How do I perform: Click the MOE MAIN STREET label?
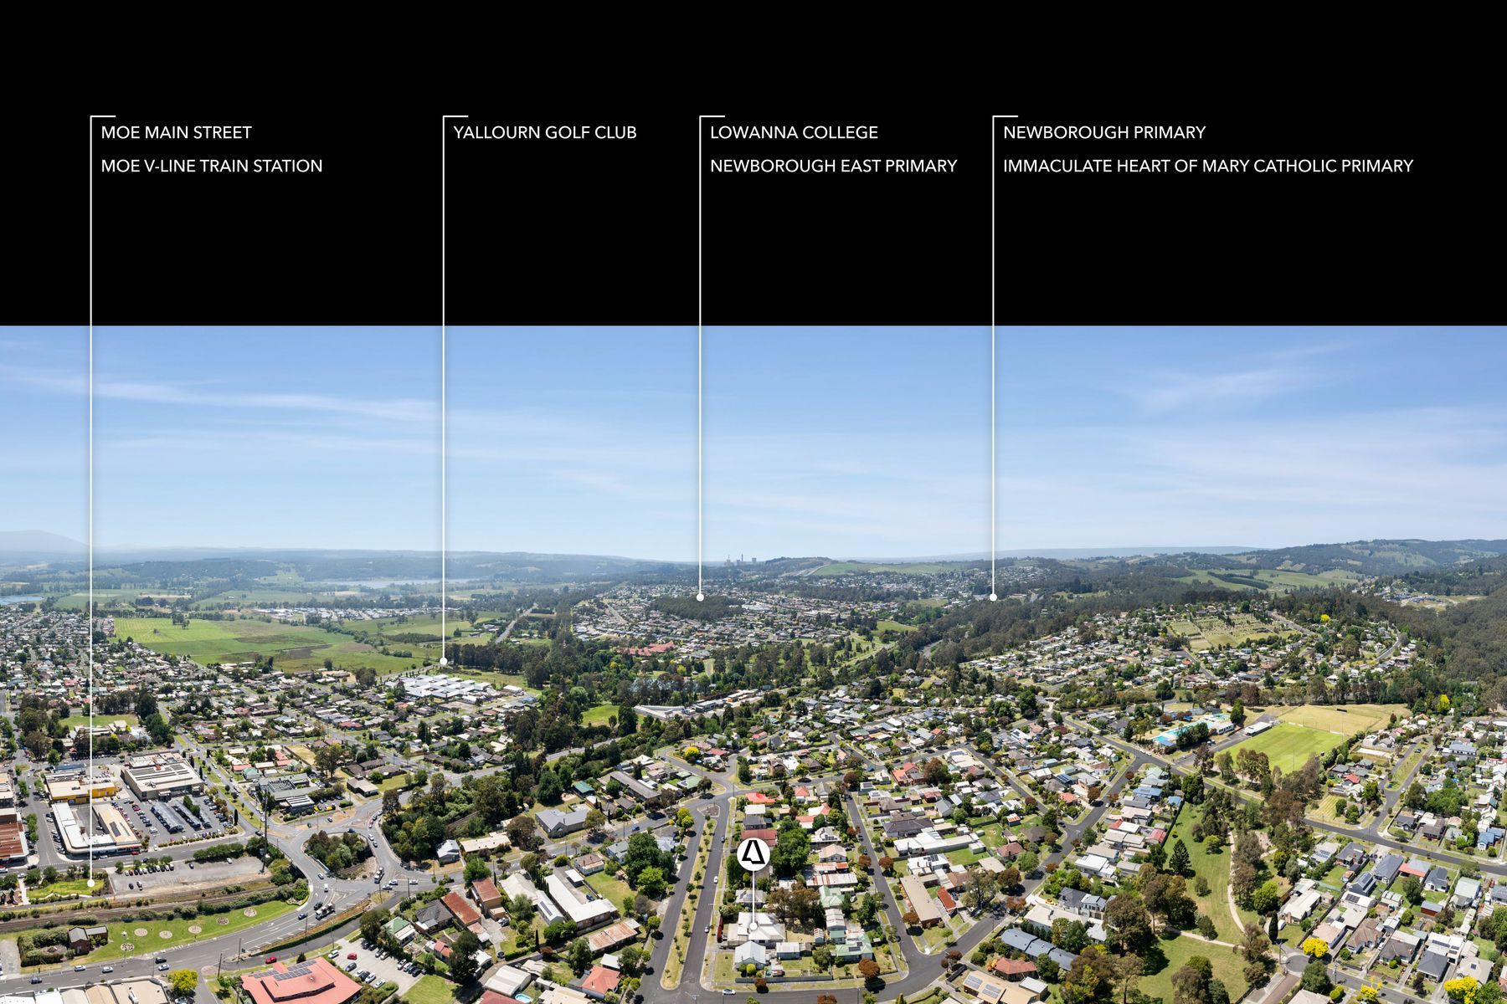pyautogui.click(x=176, y=132)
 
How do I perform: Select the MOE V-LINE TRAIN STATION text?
pyautogui.click(x=212, y=166)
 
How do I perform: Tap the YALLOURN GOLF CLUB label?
pyautogui.click(x=545, y=132)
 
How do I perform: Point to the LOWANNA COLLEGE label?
pyautogui.click(x=794, y=132)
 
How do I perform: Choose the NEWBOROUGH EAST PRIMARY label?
pyautogui.click(x=833, y=166)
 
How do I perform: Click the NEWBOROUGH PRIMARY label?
pyautogui.click(x=1104, y=132)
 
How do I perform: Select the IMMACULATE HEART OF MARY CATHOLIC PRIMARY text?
pyautogui.click(x=1208, y=166)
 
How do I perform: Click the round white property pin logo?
pyautogui.click(x=753, y=854)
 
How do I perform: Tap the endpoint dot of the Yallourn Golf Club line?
pyautogui.click(x=444, y=662)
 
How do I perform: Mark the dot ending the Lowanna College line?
pyautogui.click(x=700, y=597)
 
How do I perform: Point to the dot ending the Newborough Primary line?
pyautogui.click(x=993, y=597)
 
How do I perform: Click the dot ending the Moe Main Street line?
pyautogui.click(x=90, y=882)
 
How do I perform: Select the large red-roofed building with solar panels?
pyautogui.click(x=300, y=982)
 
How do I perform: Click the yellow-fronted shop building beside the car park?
pyautogui.click(x=80, y=789)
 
